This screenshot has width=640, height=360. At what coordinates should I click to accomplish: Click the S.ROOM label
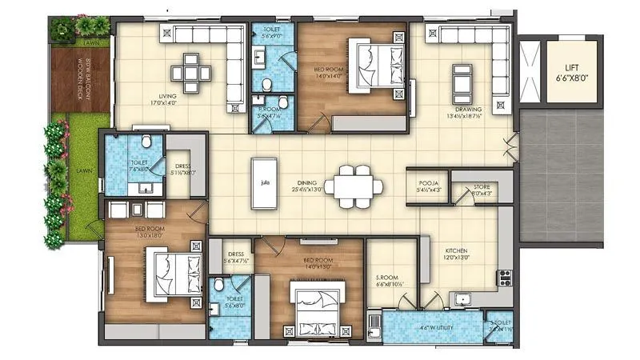(391, 276)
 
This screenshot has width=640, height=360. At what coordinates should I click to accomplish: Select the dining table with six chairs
(353, 185)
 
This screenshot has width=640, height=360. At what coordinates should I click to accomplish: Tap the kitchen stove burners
(504, 279)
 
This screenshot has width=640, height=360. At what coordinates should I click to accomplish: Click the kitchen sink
(463, 300)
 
